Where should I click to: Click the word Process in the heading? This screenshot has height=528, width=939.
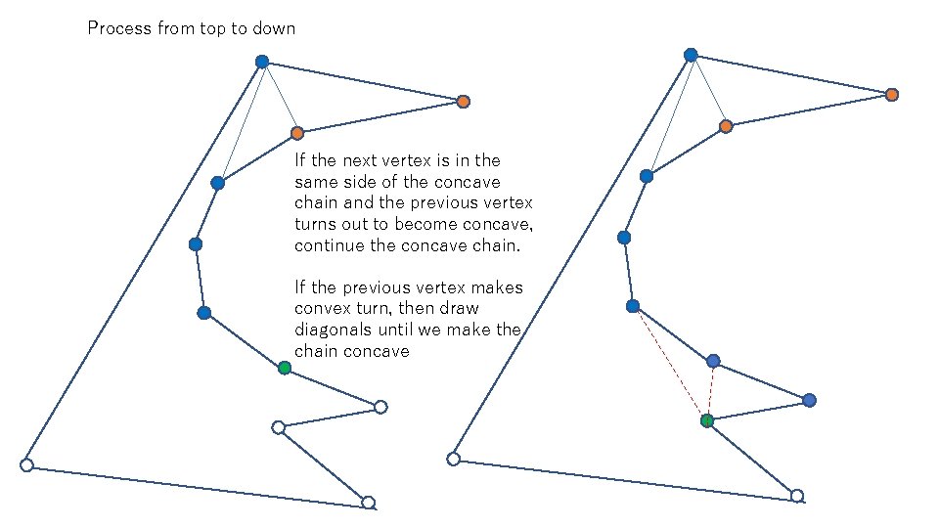coord(119,28)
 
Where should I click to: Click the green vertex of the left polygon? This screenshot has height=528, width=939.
coord(284,368)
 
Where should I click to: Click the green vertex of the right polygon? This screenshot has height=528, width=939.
coord(707,420)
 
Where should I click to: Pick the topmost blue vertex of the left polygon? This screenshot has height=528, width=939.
coord(262,62)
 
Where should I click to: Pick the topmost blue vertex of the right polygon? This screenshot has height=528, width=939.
coord(691,55)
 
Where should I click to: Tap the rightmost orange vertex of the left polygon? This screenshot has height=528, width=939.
coord(464,102)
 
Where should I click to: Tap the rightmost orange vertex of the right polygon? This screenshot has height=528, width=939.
coord(892,95)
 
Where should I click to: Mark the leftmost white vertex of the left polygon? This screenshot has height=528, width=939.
coord(27,465)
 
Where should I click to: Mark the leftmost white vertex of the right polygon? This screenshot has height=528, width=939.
coord(454,459)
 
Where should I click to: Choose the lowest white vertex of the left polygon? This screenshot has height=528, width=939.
coord(368,503)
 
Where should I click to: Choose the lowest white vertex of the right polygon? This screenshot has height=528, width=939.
coord(797,496)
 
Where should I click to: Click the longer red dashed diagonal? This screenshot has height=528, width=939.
coord(669,363)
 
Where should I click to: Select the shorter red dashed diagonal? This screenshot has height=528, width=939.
coord(711,390)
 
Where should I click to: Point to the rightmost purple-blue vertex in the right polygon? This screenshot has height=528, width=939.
coord(809,400)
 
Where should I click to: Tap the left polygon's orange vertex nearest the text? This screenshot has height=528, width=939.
coord(296,133)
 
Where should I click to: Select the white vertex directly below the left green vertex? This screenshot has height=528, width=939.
coord(278,427)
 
